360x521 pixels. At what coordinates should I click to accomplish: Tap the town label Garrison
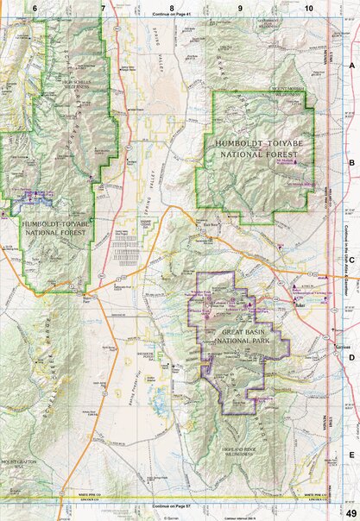coord(340,345)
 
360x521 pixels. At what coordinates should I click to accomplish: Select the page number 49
coord(348,513)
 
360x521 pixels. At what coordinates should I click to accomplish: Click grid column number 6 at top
coord(35,7)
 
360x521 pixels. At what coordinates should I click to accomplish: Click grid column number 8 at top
coord(172,7)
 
